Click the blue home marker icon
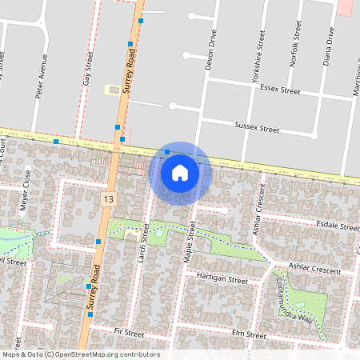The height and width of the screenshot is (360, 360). [x=180, y=172]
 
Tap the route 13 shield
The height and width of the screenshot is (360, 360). [x=108, y=198]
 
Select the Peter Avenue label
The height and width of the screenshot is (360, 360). [x=41, y=76]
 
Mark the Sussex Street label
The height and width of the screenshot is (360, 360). [x=257, y=127]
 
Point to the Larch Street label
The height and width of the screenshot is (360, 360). [x=145, y=244]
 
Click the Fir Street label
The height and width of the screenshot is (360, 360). [x=128, y=330]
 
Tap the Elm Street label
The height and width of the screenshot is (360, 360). [x=248, y=334]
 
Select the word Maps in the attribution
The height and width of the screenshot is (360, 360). [x=11, y=354]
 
